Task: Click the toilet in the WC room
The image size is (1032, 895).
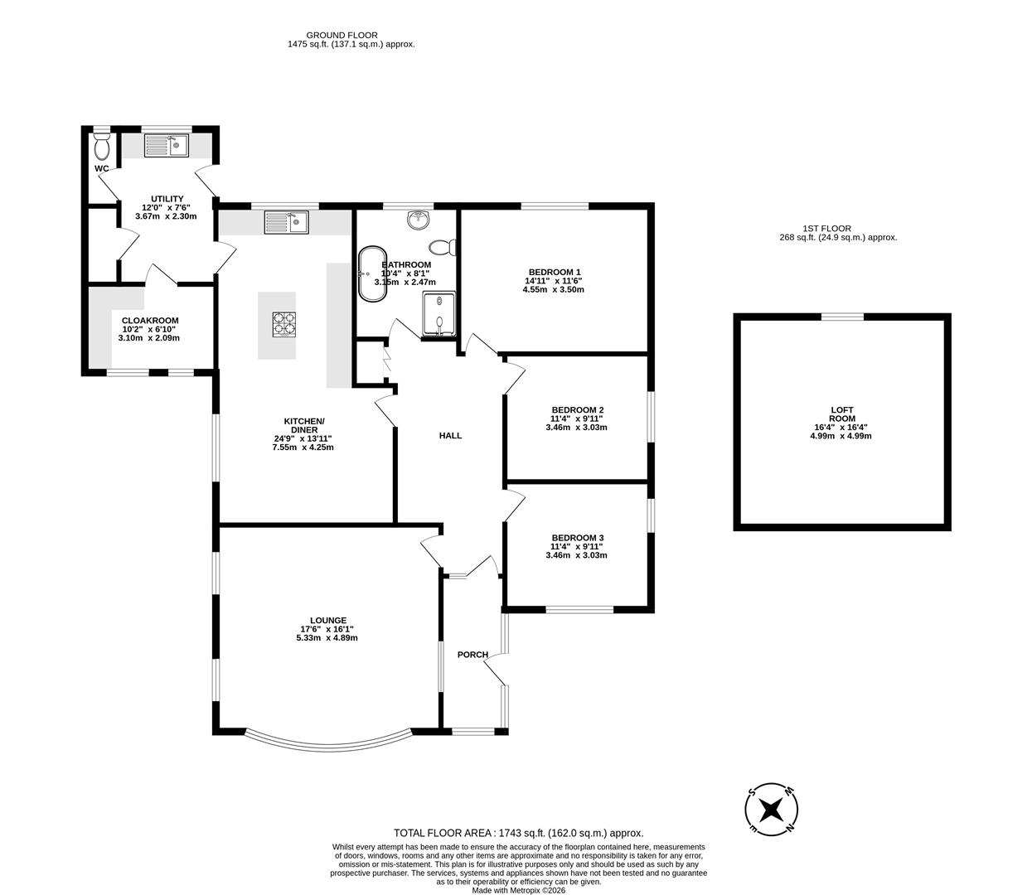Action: [x=102, y=148]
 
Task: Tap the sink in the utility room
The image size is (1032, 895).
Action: [x=167, y=147]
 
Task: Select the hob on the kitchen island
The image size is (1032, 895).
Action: [x=284, y=323]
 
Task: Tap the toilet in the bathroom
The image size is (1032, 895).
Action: [x=444, y=247]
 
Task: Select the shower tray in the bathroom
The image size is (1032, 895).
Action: [x=438, y=314]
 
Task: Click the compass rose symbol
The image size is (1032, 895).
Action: [x=772, y=808]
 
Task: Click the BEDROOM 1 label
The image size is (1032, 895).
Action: [x=554, y=272]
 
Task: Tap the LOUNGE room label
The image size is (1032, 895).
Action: [x=327, y=620]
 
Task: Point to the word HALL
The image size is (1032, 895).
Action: [x=450, y=436]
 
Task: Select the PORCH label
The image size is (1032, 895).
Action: [x=472, y=655]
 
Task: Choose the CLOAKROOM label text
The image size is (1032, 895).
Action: [x=149, y=321]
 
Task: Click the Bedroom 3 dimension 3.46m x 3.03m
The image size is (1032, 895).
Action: [x=576, y=555]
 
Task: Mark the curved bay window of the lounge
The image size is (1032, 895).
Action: [x=329, y=740]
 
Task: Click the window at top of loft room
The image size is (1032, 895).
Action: [x=841, y=317]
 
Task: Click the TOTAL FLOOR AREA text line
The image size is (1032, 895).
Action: [x=518, y=833]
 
